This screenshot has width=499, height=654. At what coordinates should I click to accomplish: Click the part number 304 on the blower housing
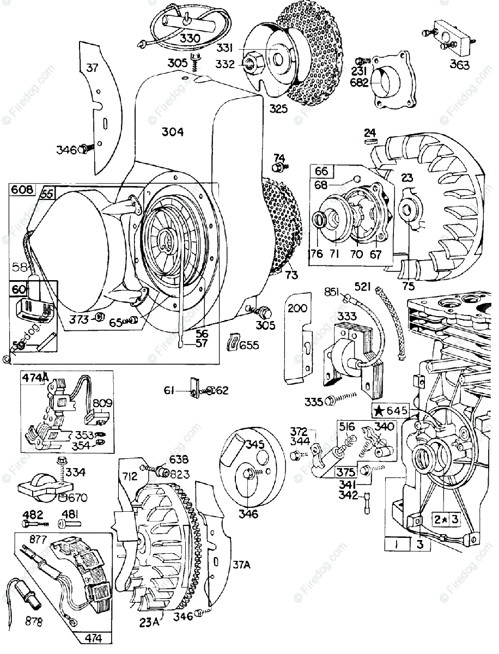click(x=172, y=132)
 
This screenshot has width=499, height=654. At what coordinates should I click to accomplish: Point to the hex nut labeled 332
click(x=251, y=64)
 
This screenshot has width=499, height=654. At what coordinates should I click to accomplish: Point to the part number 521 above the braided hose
click(x=363, y=286)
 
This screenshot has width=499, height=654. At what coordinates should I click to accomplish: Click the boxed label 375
click(x=346, y=471)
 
